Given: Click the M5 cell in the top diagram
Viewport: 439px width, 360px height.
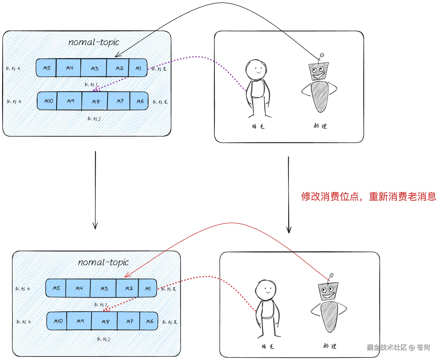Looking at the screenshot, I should [x=47, y=68].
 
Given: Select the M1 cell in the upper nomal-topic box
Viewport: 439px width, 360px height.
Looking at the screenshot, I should [x=138, y=68].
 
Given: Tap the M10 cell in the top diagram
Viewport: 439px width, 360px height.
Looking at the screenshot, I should [x=48, y=101].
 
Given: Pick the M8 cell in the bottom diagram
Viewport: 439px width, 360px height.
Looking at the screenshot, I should [x=105, y=321].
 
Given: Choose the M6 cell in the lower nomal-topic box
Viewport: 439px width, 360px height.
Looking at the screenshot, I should [x=149, y=321].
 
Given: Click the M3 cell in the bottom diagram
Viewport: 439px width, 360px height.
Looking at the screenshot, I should [x=104, y=288].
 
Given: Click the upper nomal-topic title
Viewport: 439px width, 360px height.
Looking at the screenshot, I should [x=94, y=42].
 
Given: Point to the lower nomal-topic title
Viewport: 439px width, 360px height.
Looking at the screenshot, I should [x=103, y=262].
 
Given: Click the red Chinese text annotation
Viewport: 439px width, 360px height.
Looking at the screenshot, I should [x=368, y=196].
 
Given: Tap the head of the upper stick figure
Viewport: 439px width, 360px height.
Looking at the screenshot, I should [x=256, y=69].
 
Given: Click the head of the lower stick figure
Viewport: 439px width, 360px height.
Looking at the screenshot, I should [x=266, y=290].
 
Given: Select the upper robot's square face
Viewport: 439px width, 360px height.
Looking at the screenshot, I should [x=318, y=71].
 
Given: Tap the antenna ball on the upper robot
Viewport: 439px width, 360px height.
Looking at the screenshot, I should [x=322, y=55].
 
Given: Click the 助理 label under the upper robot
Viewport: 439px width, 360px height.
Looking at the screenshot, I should [x=320, y=126].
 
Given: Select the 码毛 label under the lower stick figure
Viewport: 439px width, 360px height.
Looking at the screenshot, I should [x=268, y=347].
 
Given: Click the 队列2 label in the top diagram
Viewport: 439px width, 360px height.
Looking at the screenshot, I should [x=94, y=119].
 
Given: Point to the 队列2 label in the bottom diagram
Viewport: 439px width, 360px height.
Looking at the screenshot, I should [x=104, y=339].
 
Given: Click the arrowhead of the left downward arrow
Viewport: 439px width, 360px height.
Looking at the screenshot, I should [x=95, y=227].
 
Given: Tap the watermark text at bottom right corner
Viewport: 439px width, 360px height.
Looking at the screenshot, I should [x=398, y=347].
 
